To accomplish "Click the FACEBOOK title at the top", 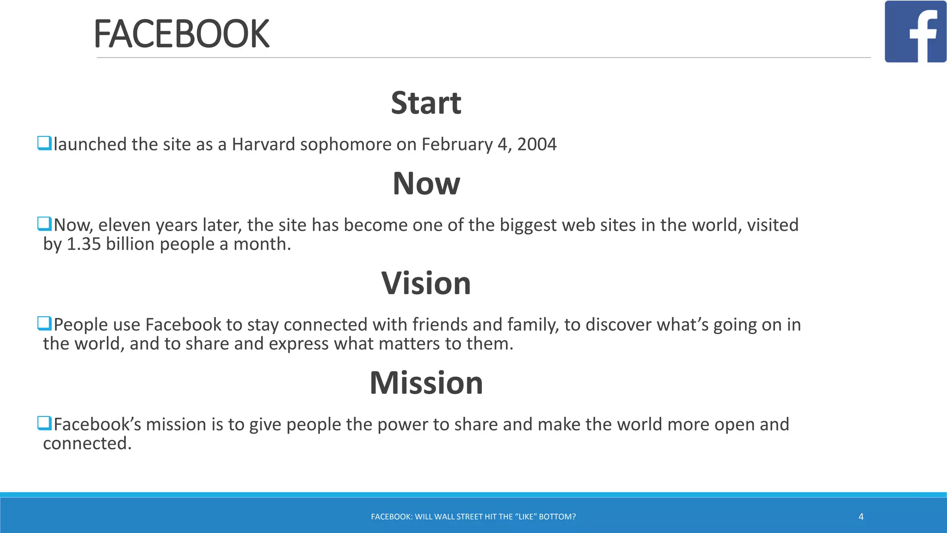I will [181, 34].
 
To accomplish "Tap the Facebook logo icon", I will [915, 31].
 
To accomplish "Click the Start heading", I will [426, 103].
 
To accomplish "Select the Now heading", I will [426, 183].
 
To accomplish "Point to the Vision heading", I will [426, 283].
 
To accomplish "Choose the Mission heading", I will [426, 383].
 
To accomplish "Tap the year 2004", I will [537, 144].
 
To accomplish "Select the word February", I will [457, 144].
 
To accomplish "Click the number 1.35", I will [84, 244].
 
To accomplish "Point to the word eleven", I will [124, 225].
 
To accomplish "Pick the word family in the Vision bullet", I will [533, 325].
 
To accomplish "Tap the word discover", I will [618, 325].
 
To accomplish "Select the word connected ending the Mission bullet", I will [87, 444].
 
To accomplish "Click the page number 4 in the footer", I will [861, 517].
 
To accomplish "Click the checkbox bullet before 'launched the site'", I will [44, 143].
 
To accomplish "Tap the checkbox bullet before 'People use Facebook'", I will [44, 323].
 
